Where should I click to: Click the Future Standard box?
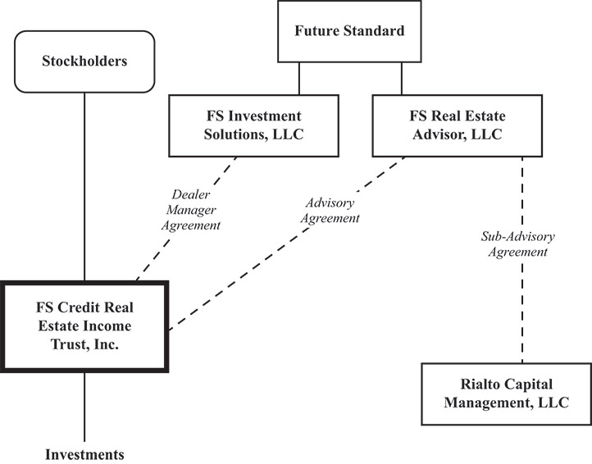(350, 32)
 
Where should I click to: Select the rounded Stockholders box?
(85, 61)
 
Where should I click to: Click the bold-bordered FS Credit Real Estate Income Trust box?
(84, 326)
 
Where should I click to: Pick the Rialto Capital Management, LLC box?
(507, 393)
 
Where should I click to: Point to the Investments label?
(84, 453)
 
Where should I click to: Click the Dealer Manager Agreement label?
(194, 210)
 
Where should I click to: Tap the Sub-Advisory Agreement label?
(517, 244)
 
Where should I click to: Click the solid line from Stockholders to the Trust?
(85, 189)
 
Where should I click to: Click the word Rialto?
(483, 384)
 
